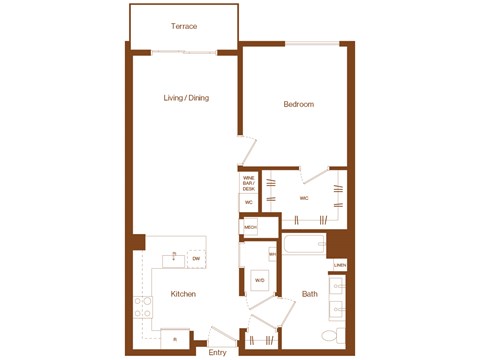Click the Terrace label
(x=183, y=26)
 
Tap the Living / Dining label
(x=187, y=98)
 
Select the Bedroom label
(x=298, y=104)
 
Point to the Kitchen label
(x=182, y=294)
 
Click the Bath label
(x=310, y=294)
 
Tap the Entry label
(x=218, y=351)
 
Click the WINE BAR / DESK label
(x=249, y=183)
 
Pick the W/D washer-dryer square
(x=259, y=280)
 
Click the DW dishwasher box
(x=196, y=259)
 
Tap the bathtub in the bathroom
(x=305, y=244)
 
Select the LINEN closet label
(x=340, y=266)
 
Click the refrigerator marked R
(x=175, y=340)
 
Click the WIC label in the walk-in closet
(x=304, y=198)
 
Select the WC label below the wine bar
(x=249, y=203)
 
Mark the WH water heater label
(x=271, y=255)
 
